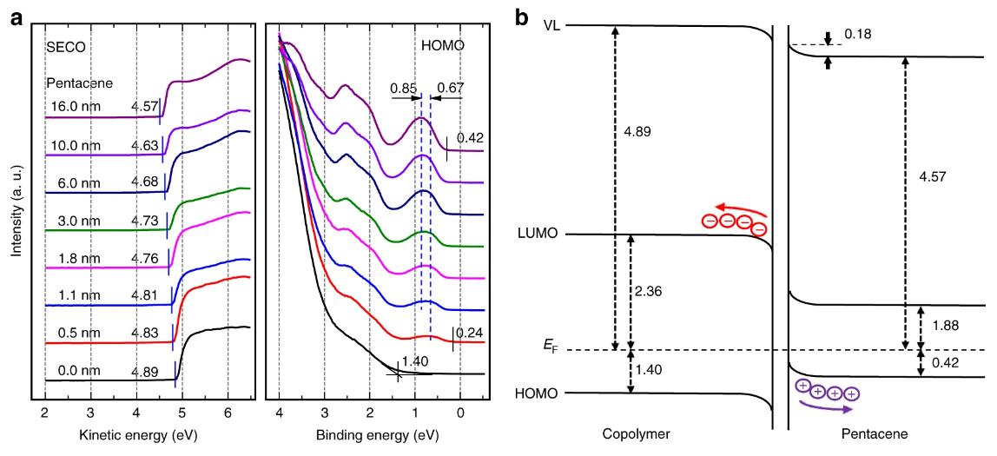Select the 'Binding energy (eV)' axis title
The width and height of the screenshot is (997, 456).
pos(373,431)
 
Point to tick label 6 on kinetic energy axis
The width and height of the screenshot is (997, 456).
pos(228,411)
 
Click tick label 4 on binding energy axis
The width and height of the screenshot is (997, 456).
pos(279,411)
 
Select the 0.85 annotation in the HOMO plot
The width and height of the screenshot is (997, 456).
pos(402,87)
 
